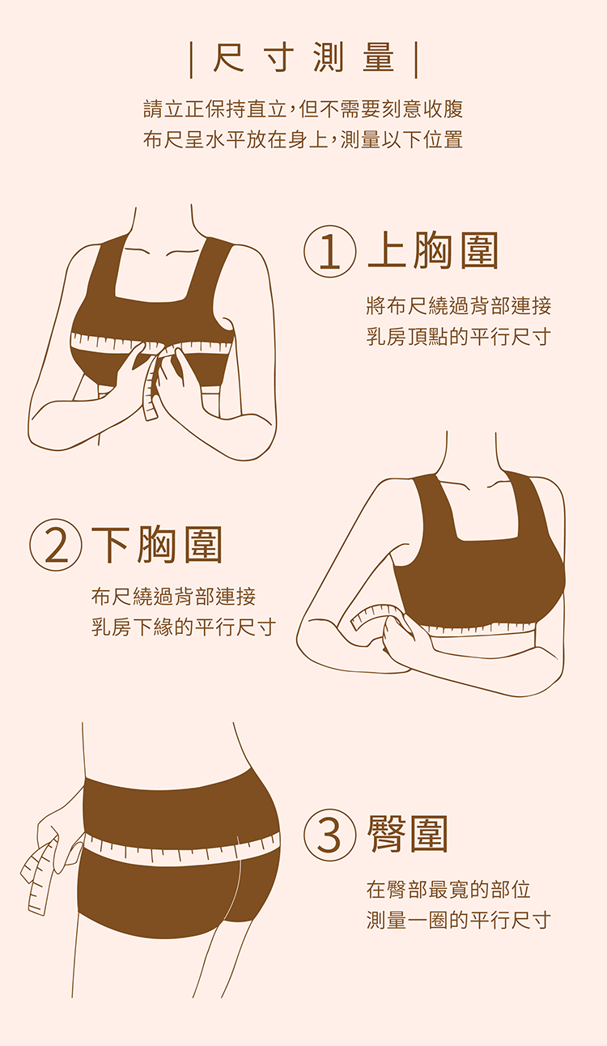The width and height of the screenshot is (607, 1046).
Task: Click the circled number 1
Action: click(x=329, y=252)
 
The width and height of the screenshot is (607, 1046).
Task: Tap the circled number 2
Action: click(x=56, y=545)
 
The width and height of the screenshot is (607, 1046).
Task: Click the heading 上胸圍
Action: click(x=433, y=252)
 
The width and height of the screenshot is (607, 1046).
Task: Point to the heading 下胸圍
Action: click(x=156, y=545)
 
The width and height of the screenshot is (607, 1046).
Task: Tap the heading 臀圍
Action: click(x=408, y=835)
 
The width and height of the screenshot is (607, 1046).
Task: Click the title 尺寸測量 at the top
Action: click(x=303, y=58)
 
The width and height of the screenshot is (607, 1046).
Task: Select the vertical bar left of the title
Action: click(x=192, y=60)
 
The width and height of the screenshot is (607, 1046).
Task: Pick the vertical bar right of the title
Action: click(x=416, y=60)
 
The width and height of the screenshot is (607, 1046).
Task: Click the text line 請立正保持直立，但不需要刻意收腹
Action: click(x=303, y=108)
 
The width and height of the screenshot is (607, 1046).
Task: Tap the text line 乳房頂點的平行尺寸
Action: click(x=459, y=337)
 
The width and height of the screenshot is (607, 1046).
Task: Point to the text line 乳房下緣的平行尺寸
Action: click(x=184, y=627)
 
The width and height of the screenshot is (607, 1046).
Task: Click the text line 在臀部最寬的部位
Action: click(x=448, y=890)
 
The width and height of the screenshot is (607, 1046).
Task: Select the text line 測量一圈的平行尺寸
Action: click(x=459, y=920)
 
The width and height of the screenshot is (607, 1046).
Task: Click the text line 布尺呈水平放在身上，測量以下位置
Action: click(x=303, y=139)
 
